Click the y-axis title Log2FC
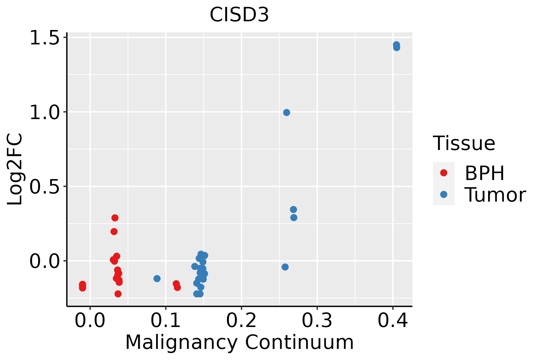click(x=15, y=169)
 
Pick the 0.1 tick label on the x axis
click(x=166, y=320)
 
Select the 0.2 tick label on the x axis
click(x=241, y=320)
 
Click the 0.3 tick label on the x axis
click(x=317, y=320)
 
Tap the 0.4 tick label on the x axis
click(x=392, y=320)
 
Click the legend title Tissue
click(x=464, y=143)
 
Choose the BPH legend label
click(x=484, y=173)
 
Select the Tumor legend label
click(x=495, y=195)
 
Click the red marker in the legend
click(x=443, y=173)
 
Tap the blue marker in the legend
click(x=443, y=194)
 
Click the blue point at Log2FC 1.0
click(x=286, y=112)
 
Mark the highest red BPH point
click(x=115, y=218)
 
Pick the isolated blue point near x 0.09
click(x=157, y=279)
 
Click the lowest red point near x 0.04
click(x=118, y=294)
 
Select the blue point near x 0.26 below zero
click(x=285, y=267)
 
